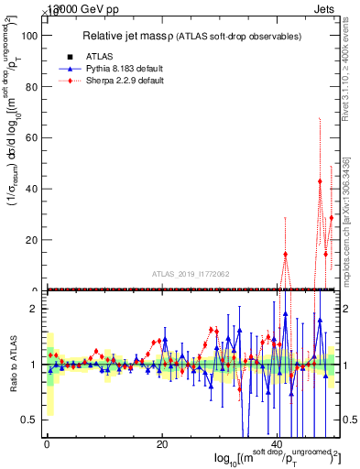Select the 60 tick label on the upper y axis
29,137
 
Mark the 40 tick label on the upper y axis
29,189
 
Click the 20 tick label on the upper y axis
29,240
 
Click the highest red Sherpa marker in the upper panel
320,181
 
